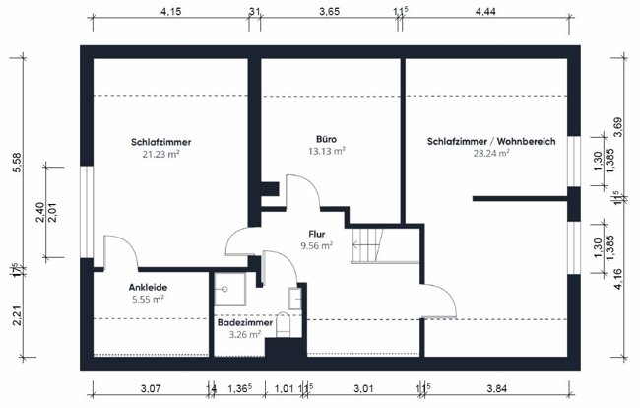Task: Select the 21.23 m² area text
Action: pos(160,154)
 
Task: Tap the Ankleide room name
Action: pos(146,287)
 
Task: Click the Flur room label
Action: pos(316,234)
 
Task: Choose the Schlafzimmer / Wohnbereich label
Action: pos(491,142)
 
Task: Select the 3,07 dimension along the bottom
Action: pos(150,388)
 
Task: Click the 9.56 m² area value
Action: pos(316,245)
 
